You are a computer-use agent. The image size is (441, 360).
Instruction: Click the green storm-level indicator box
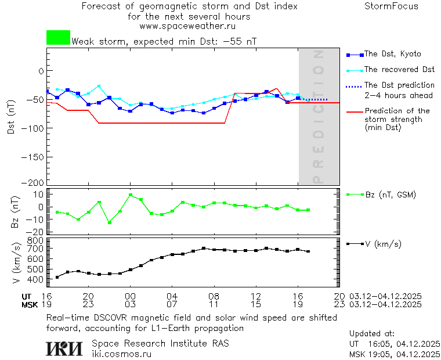(x=58, y=38)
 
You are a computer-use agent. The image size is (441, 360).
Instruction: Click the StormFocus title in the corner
(x=391, y=6)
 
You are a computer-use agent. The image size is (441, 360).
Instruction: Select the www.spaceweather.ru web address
(x=187, y=26)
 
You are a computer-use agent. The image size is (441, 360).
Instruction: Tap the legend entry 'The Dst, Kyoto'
(x=392, y=54)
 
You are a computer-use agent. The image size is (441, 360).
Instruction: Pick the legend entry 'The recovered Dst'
(x=399, y=70)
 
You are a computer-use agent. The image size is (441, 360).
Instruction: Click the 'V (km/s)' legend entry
(x=383, y=244)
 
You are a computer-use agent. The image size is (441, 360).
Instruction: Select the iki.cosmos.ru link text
(x=122, y=354)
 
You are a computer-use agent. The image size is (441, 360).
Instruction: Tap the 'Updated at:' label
(x=371, y=334)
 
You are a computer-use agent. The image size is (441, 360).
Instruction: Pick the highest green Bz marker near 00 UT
(x=131, y=195)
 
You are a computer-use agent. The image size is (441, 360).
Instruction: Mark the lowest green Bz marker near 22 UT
(x=110, y=222)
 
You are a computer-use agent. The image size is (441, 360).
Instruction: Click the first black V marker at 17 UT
(x=57, y=277)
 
